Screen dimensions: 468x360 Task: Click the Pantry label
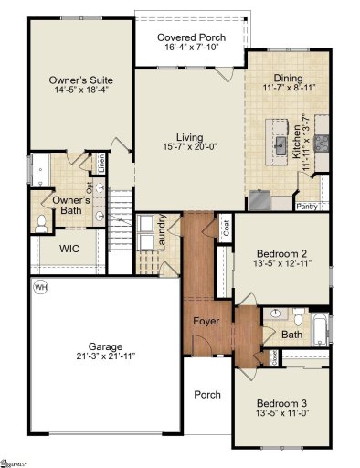(308, 207)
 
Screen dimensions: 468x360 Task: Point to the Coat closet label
(225, 223)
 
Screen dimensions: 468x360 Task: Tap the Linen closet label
(101, 165)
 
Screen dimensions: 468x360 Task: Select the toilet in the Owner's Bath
(42, 222)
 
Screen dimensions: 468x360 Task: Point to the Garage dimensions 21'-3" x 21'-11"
(106, 356)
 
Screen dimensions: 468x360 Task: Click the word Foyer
(205, 323)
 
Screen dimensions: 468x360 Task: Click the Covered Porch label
(189, 37)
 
